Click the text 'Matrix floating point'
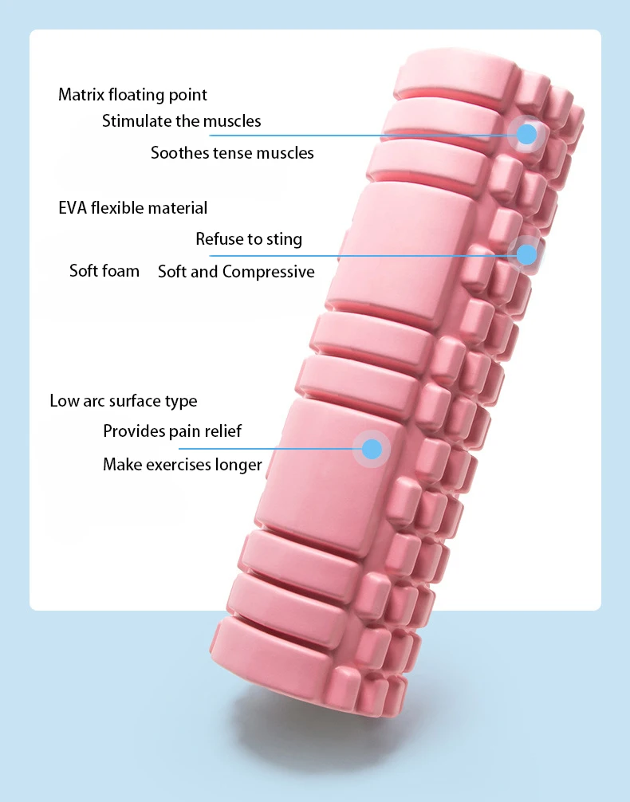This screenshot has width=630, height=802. [132, 95]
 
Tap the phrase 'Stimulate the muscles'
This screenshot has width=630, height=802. [181, 121]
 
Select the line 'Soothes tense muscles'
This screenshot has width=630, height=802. [232, 152]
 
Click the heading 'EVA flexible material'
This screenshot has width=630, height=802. [132, 208]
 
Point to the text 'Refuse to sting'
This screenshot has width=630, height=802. [249, 239]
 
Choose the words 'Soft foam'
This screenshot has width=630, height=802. [104, 271]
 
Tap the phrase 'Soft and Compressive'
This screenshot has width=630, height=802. [236, 272]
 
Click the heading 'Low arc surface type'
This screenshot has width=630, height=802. [123, 400]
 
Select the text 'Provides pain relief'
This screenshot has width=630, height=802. [172, 431]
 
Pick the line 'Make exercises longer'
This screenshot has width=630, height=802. [183, 464]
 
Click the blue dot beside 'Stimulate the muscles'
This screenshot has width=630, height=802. [526, 134]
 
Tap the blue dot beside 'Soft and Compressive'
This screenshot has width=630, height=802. [526, 254]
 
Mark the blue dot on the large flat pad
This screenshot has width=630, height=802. [372, 448]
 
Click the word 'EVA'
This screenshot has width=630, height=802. [73, 208]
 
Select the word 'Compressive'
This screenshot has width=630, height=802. [268, 272]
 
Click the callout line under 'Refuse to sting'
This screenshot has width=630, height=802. [359, 256]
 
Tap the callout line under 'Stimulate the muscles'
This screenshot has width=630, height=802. [359, 135]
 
